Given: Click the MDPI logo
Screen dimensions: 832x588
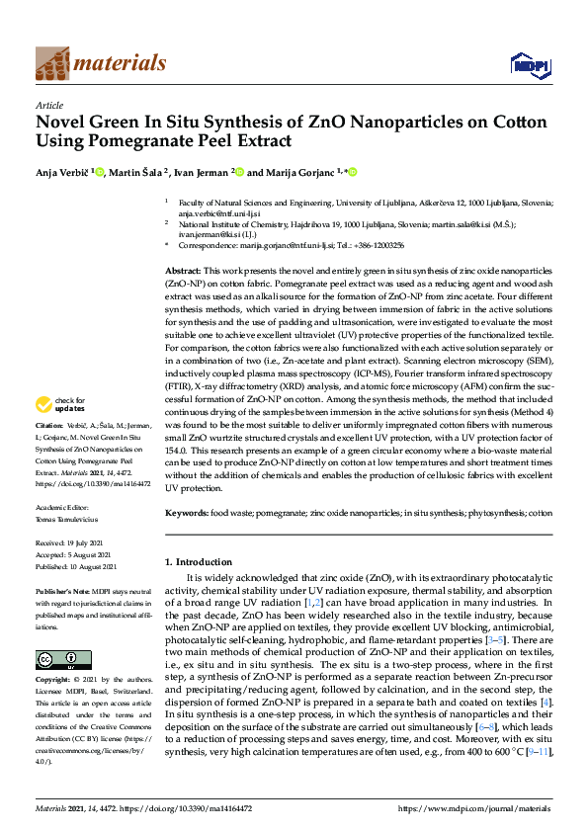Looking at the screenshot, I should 529,65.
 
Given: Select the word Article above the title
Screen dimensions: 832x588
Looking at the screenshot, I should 48,105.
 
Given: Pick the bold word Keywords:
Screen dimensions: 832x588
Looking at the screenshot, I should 189,514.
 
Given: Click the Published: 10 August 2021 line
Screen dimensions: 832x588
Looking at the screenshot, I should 76,565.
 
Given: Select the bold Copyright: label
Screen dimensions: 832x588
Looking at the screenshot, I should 54,682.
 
